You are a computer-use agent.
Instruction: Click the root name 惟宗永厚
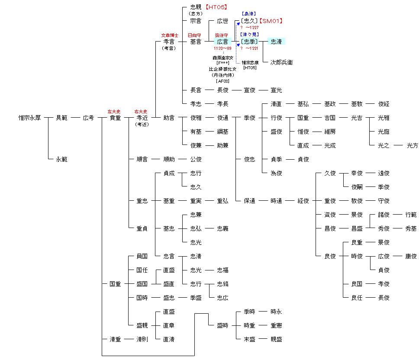click(29, 118)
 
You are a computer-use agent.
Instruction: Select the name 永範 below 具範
click(62, 159)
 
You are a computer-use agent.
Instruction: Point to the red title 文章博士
click(169, 35)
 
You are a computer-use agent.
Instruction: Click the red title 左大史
click(114, 112)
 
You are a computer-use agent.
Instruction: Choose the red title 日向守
click(194, 35)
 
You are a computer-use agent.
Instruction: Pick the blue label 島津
click(249, 14)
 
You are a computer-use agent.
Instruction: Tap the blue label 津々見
click(249, 34)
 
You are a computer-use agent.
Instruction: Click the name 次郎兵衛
click(281, 62)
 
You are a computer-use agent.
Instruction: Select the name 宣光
click(276, 90)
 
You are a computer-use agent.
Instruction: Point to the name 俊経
click(384, 104)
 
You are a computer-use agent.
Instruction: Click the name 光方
click(412, 145)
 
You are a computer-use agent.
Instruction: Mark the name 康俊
click(411, 256)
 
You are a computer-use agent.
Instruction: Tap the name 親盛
click(276, 339)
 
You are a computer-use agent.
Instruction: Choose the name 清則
click(142, 339)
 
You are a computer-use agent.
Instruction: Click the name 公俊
click(196, 159)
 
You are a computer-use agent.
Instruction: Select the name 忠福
click(222, 270)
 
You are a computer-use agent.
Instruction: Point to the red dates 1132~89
click(222, 49)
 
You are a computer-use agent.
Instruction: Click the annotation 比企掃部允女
click(222, 69)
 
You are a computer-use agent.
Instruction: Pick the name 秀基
click(411, 228)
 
